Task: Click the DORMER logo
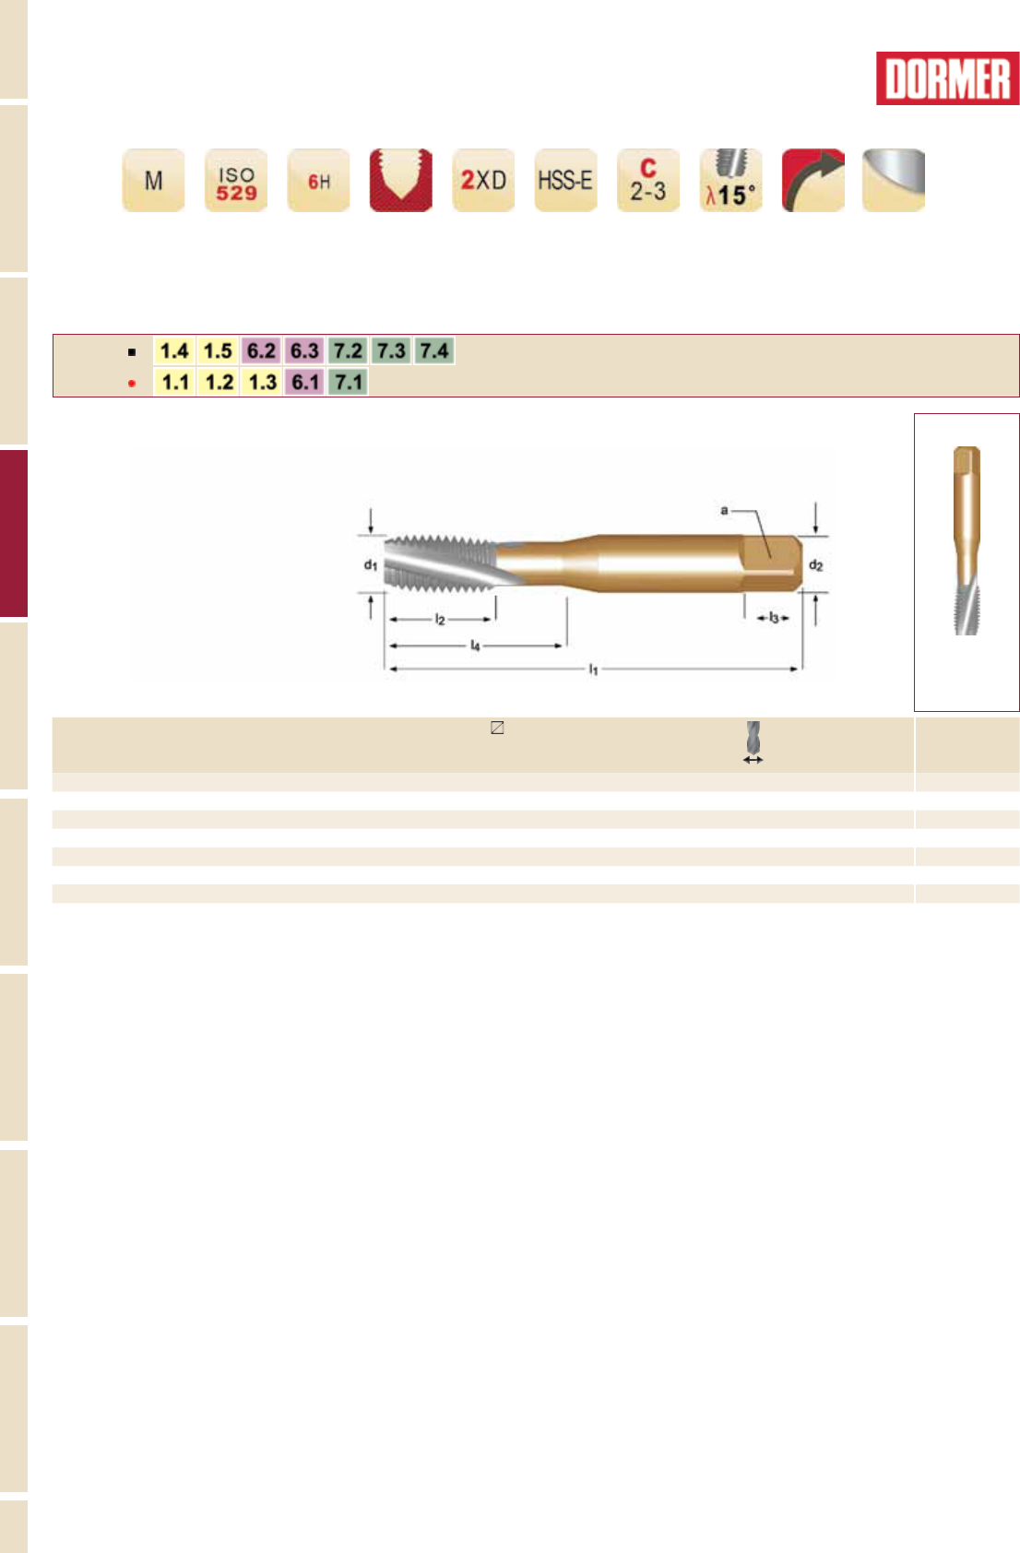coord(947,78)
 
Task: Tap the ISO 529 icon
coord(236,180)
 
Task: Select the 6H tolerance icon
coord(318,180)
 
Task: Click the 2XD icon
coord(483,180)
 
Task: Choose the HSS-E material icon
coord(566,180)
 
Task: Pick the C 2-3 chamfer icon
coord(648,180)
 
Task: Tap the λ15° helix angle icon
coord(730,180)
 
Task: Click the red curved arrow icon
coord(813,180)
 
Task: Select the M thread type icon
coord(153,180)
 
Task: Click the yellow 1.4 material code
coord(174,350)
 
